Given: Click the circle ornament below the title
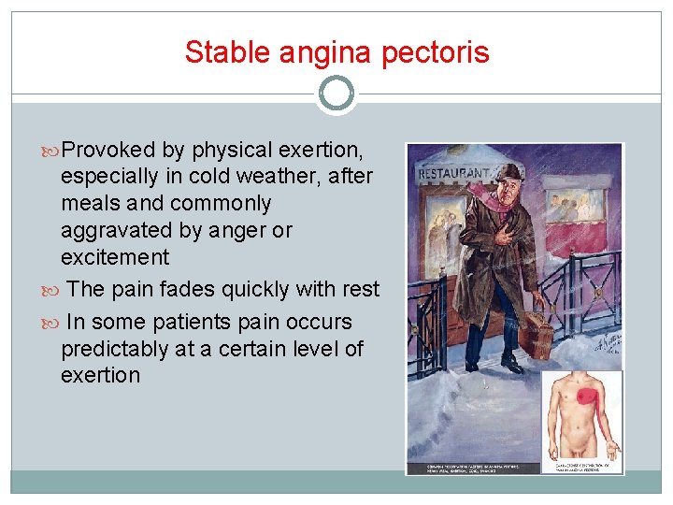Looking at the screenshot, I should tap(336, 94).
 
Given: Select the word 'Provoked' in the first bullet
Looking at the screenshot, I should tap(111, 150).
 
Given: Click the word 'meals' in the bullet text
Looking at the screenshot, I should tap(87, 203).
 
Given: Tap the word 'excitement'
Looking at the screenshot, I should tap(115, 257).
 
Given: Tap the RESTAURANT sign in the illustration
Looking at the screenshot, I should tap(452, 173).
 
